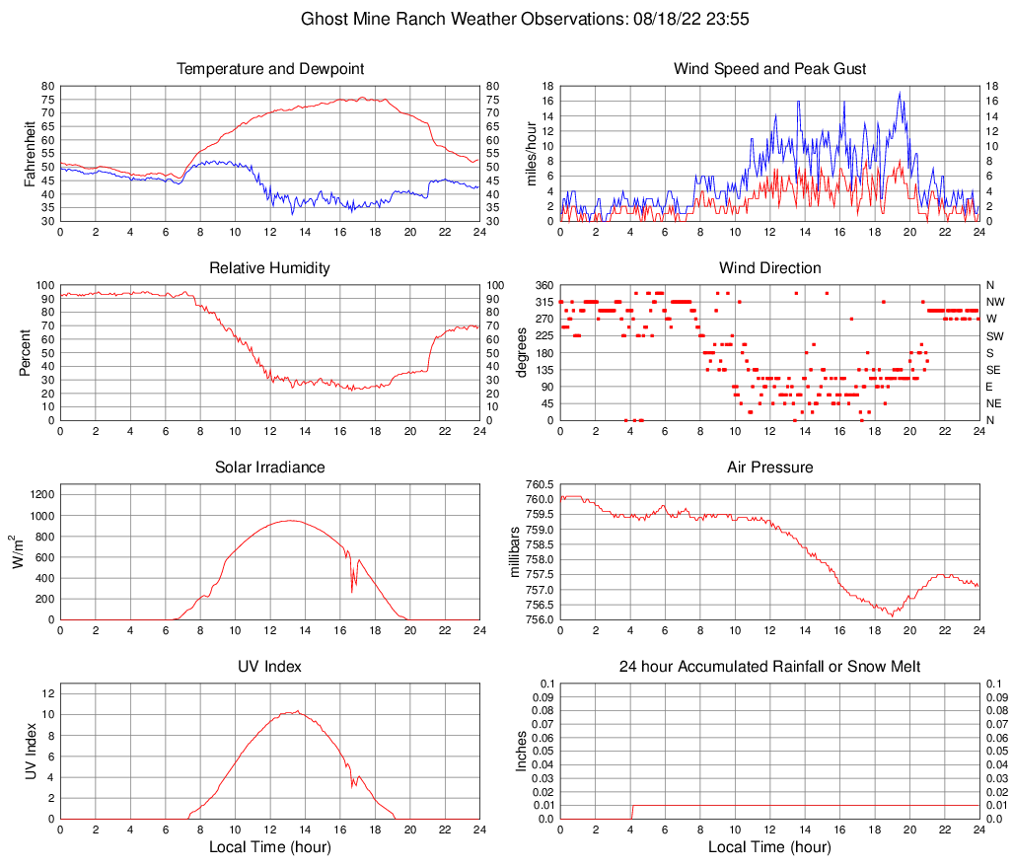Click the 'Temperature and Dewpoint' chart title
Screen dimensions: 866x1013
click(270, 69)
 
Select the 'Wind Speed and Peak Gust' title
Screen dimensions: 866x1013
click(769, 69)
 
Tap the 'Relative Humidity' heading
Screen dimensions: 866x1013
click(270, 268)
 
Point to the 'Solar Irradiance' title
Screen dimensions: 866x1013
click(270, 468)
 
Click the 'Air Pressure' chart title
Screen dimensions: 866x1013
click(769, 468)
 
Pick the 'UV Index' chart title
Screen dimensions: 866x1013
click(270, 667)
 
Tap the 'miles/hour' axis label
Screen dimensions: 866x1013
click(531, 153)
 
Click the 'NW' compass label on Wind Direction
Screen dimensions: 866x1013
click(994, 302)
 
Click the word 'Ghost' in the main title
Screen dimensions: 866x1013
click(324, 19)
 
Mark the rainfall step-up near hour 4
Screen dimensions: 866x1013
click(631, 812)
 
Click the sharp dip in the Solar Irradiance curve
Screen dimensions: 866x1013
click(352, 591)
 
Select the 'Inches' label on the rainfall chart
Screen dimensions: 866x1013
click(522, 752)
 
